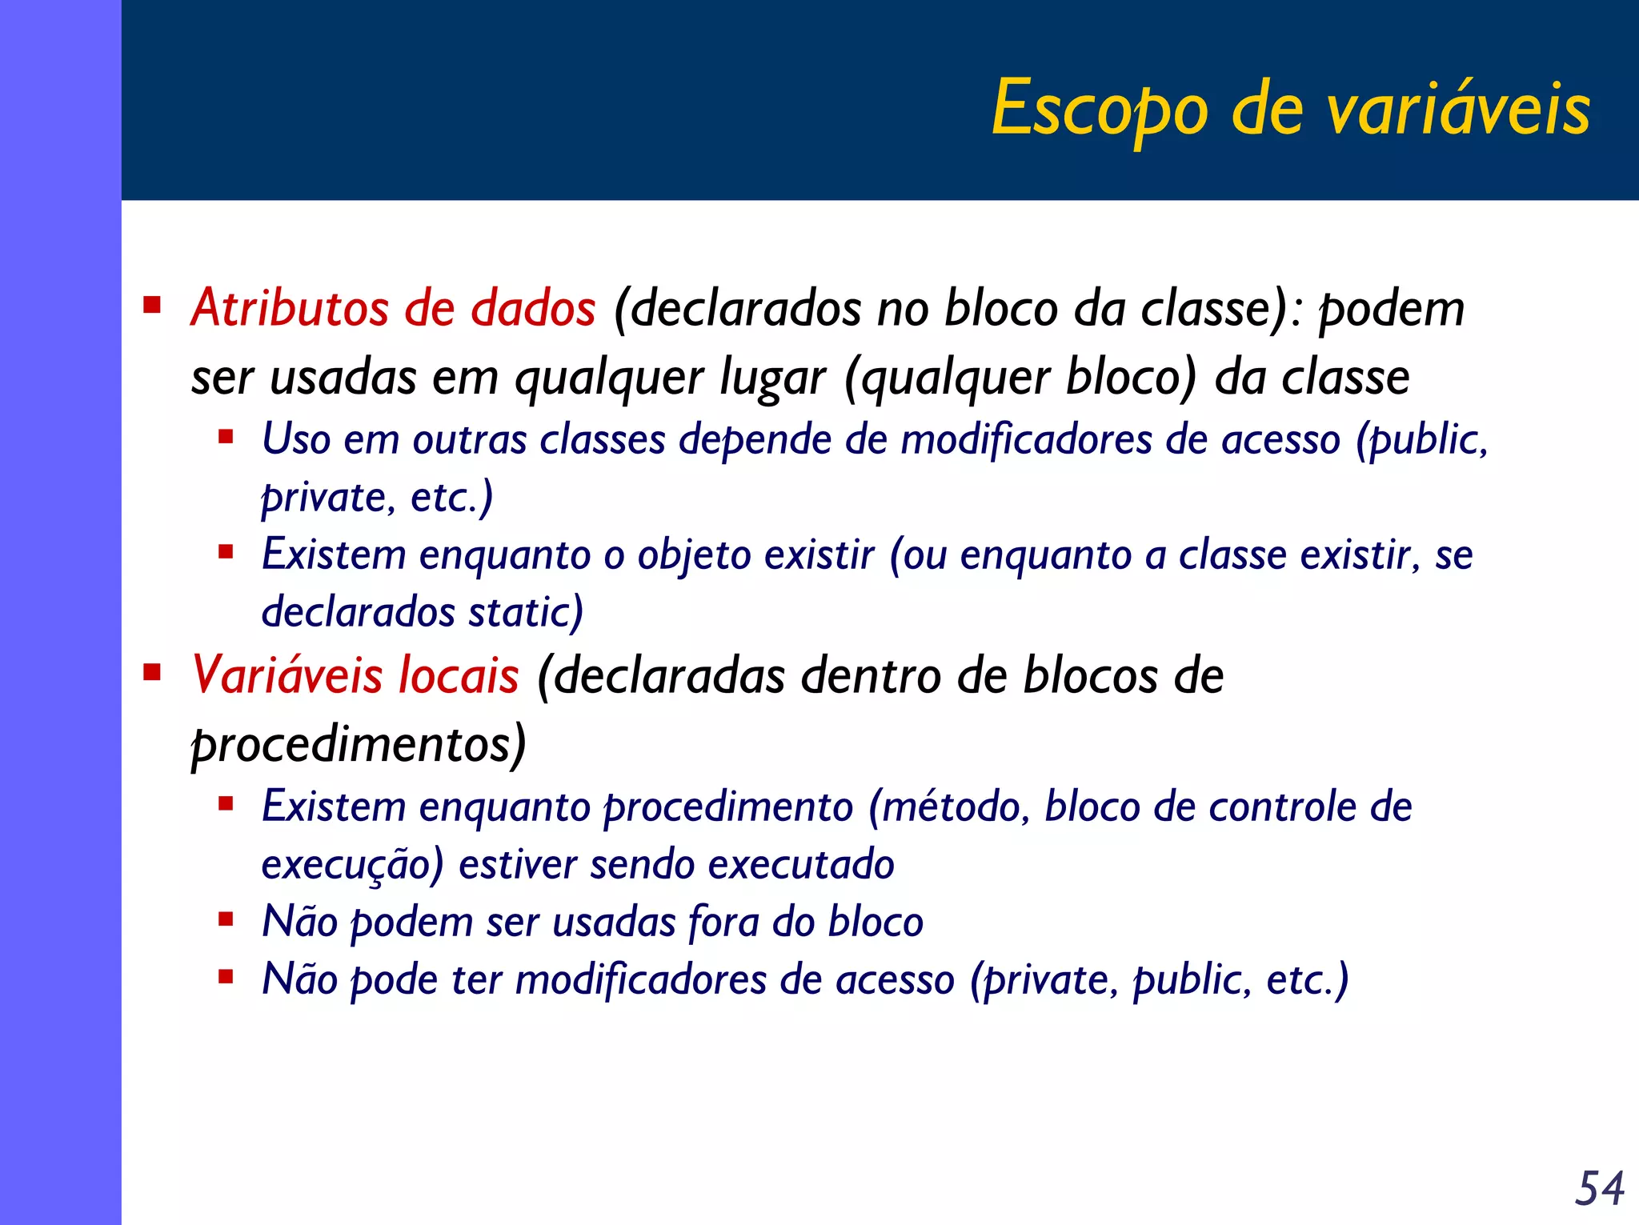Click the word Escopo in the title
point(1100,109)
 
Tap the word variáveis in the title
point(1459,109)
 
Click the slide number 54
point(1599,1187)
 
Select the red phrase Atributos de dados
point(393,308)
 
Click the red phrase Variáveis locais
point(355,675)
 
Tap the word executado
point(800,865)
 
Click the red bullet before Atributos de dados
point(152,306)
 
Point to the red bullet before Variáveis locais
point(152,672)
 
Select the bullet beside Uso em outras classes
point(226,437)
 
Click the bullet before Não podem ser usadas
point(226,919)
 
